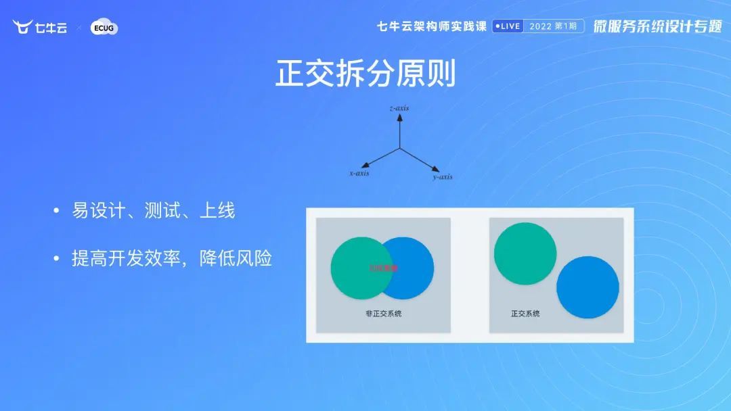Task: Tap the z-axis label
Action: pos(399,108)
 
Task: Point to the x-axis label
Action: pos(359,174)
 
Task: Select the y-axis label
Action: pos(442,177)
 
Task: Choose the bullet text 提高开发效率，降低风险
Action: pos(172,258)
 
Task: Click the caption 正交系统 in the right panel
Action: pos(525,314)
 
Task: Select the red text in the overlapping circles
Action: pos(383,268)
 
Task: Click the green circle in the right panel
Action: pos(525,253)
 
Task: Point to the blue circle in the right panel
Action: pos(588,287)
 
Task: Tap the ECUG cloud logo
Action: pos(104,28)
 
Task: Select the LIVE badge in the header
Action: pos(507,26)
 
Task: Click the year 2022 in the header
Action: pos(540,26)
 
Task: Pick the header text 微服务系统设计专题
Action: pos(657,26)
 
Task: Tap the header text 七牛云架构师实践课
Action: pos(432,26)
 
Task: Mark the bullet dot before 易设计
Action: pos(57,212)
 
